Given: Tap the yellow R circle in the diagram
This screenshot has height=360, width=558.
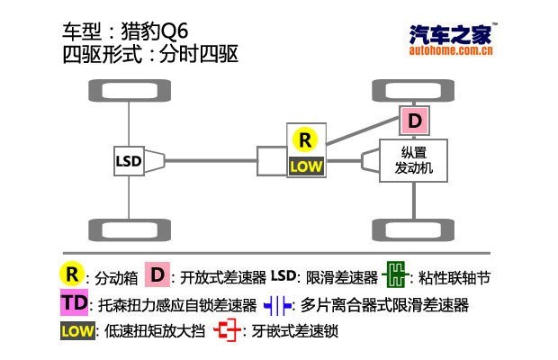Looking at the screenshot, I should pos(305,139).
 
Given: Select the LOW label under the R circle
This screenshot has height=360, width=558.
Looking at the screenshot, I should pos(305,166).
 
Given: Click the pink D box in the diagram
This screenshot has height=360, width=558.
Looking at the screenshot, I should pos(414,120).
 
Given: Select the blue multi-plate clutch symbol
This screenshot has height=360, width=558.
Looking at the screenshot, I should pos(278,304).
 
